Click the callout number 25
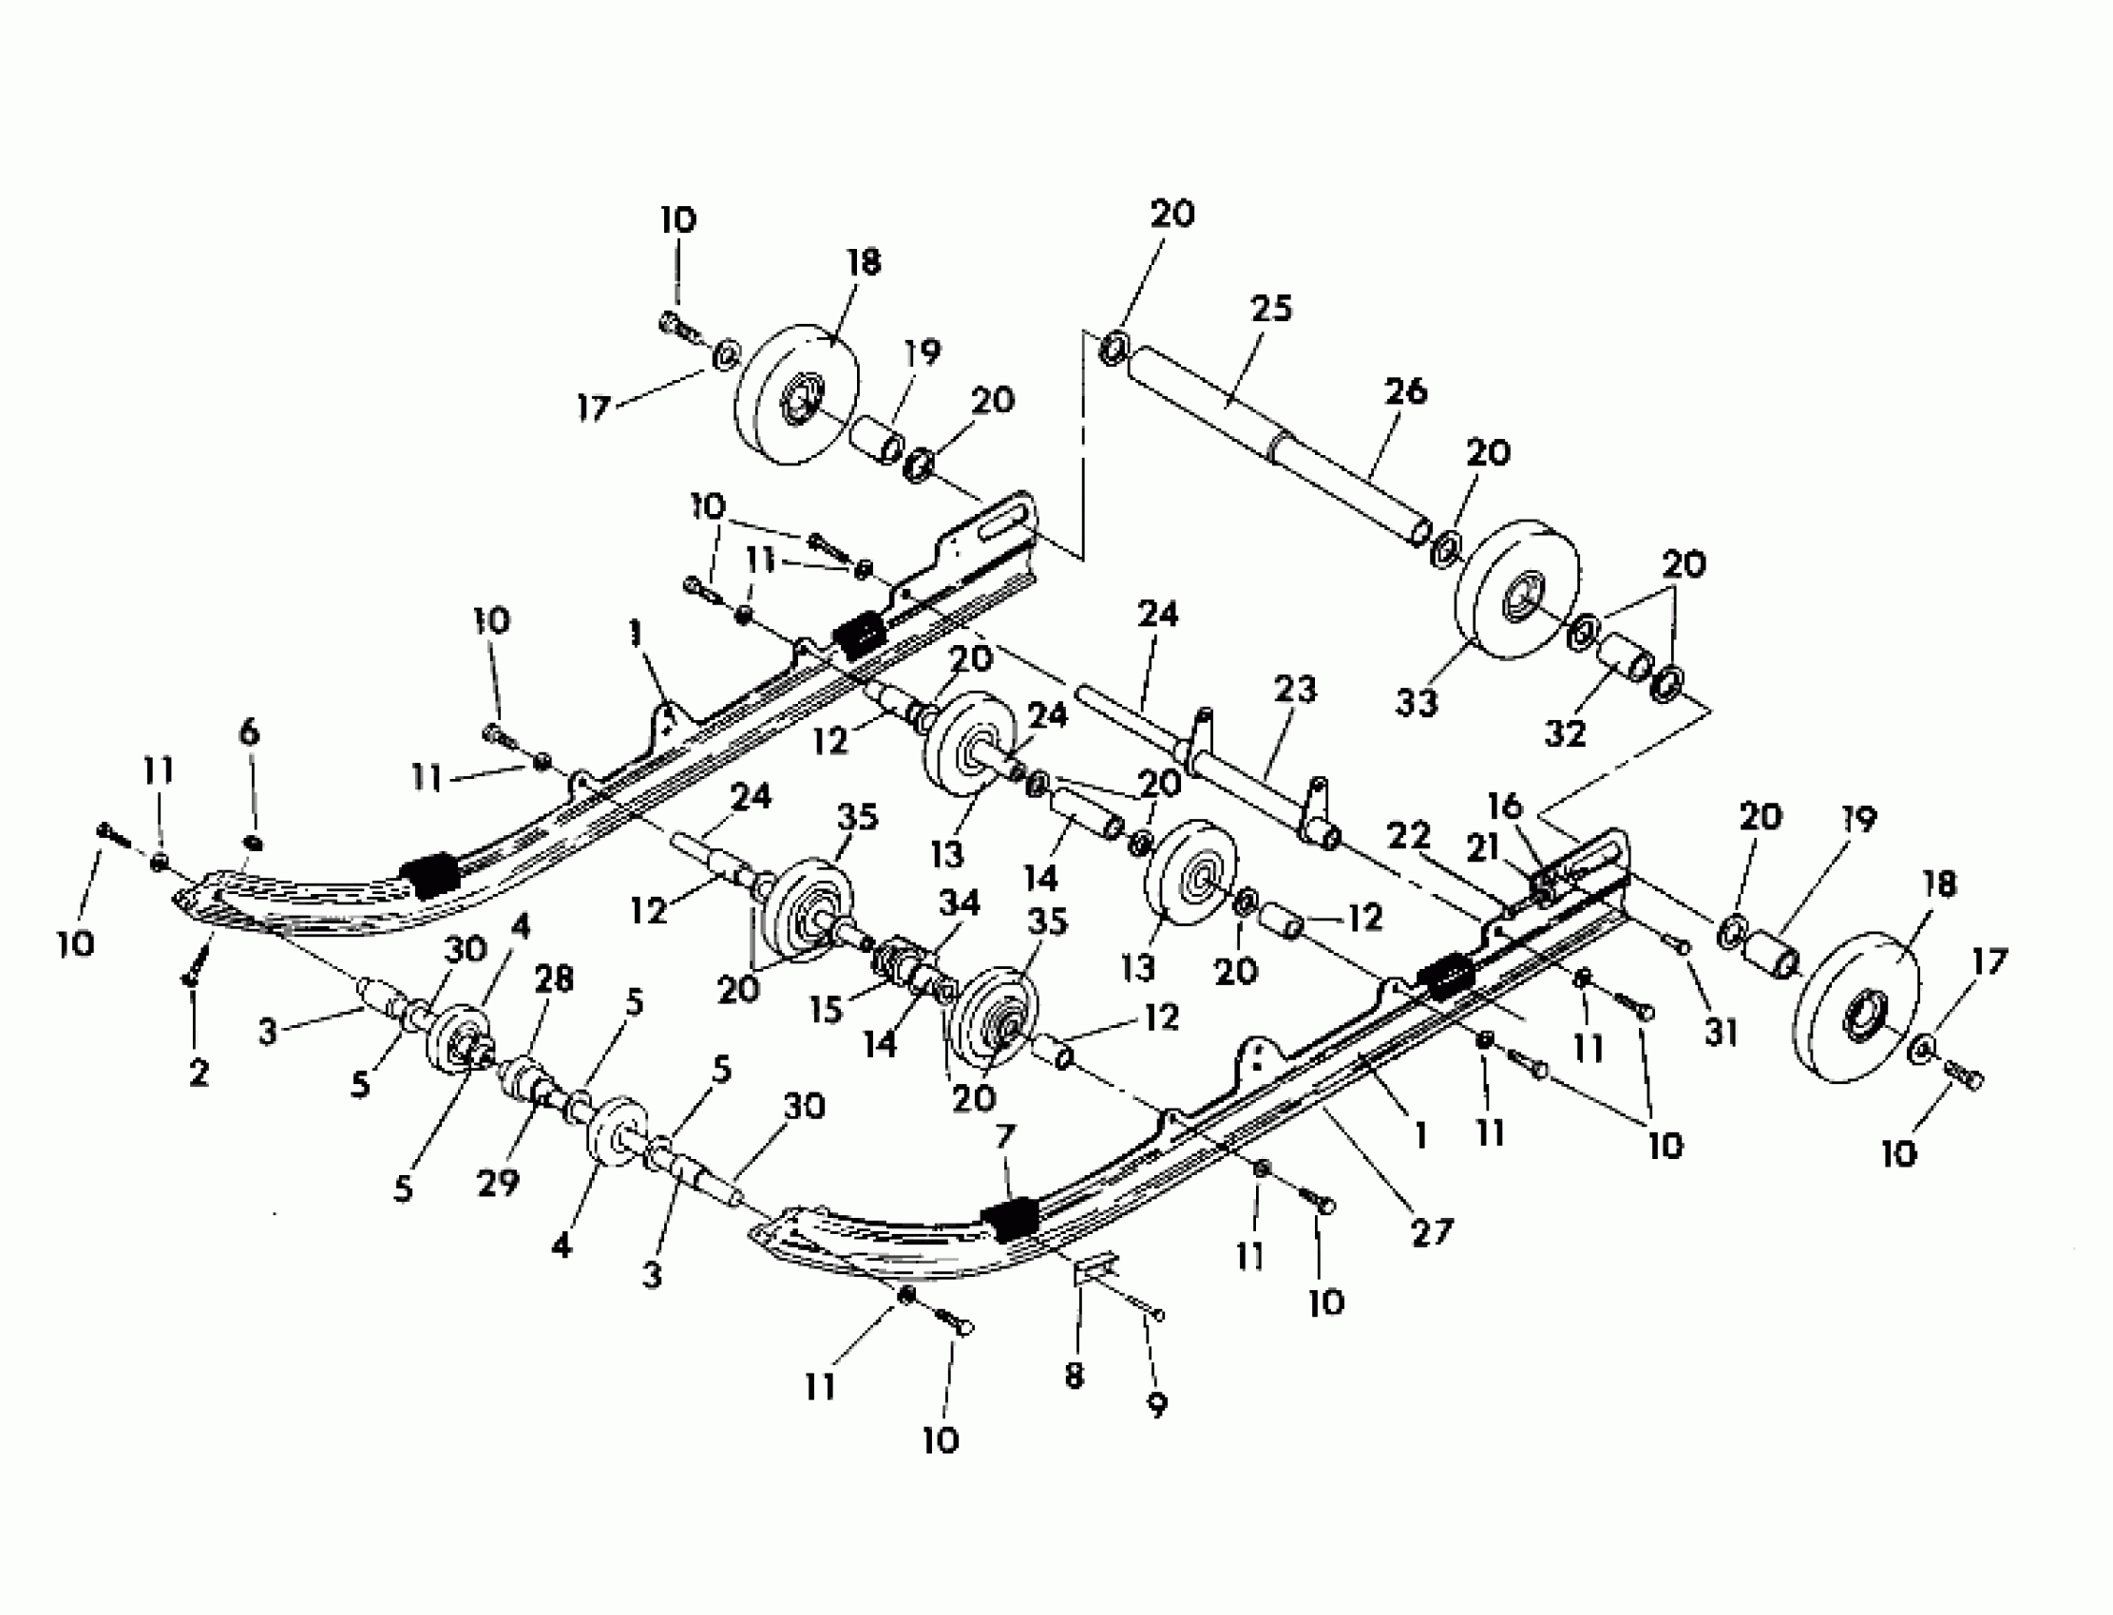tap(1271, 310)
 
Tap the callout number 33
tap(1416, 703)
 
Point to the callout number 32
tap(1564, 733)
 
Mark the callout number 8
tap(1075, 1376)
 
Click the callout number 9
tap(1157, 1405)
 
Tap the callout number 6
tap(249, 732)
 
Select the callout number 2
tap(198, 1073)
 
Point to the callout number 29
tap(498, 1183)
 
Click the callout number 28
tap(555, 978)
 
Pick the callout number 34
tap(959, 902)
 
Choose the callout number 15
tap(826, 1008)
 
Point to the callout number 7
tap(1004, 1137)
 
